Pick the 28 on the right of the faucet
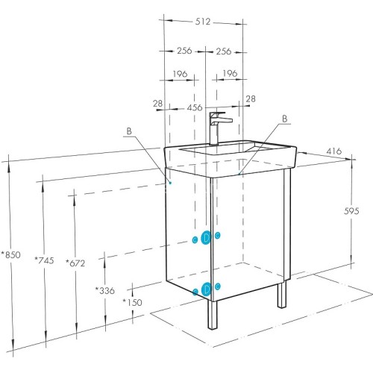click(x=251, y=98)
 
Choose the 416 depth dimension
click(x=333, y=151)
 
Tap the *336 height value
click(x=104, y=289)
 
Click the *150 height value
click(x=133, y=301)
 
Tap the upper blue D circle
click(x=207, y=238)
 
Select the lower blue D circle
click(x=206, y=289)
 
